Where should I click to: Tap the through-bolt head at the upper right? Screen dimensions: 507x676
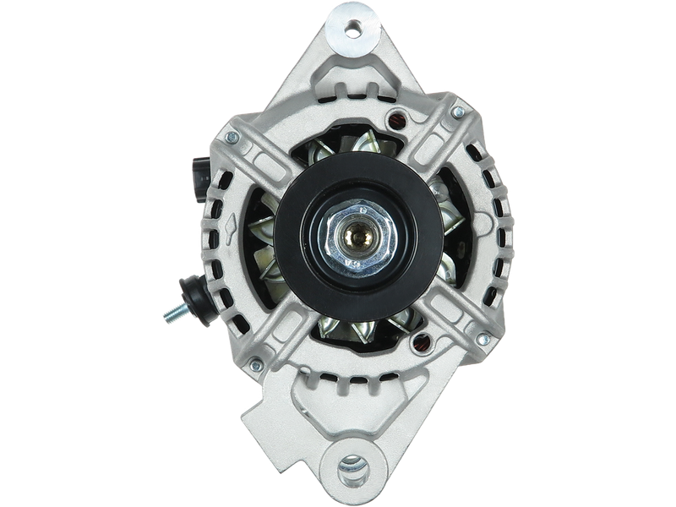click(x=456, y=111)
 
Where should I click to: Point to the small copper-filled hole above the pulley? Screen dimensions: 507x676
click(x=392, y=117)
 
